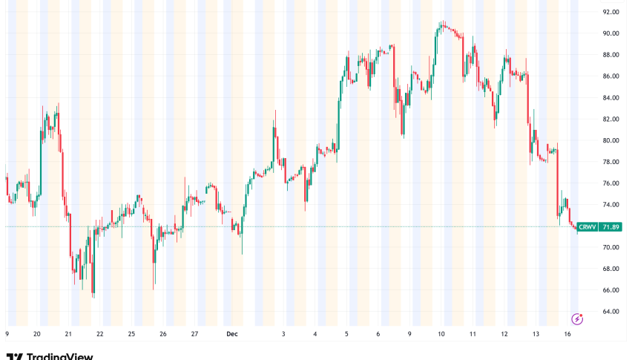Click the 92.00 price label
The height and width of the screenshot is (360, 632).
point(610,12)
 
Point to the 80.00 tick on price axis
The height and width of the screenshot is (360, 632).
point(610,140)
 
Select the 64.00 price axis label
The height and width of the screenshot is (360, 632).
point(610,311)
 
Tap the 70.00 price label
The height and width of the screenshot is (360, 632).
point(610,247)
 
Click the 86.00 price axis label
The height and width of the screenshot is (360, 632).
point(610,76)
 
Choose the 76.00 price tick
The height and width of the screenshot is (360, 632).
point(610,183)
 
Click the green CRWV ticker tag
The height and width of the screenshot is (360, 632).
point(587,226)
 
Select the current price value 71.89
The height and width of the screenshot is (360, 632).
point(610,226)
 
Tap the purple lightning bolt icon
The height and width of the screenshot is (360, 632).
point(577,318)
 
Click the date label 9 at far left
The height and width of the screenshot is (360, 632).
point(7,335)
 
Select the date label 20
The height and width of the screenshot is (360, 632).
point(36,335)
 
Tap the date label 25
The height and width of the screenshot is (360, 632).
point(131,335)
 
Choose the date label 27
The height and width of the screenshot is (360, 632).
point(194,335)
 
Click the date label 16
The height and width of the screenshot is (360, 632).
point(567,335)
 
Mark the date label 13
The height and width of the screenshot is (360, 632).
point(536,335)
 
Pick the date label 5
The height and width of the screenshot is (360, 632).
point(346,335)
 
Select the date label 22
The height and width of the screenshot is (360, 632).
point(99,335)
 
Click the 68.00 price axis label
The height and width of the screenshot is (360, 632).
point(610,269)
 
